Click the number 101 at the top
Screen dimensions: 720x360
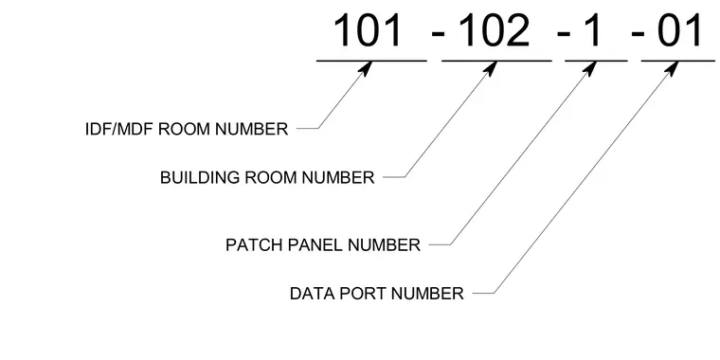click(368, 30)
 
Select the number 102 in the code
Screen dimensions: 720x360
click(495, 30)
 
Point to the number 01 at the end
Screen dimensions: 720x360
click(679, 30)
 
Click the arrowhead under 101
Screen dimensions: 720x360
click(365, 68)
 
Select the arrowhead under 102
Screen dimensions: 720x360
click(491, 68)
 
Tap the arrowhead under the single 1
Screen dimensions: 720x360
click(590, 68)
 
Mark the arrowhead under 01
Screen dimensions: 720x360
click(672, 68)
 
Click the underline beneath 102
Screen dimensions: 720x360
click(496, 61)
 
